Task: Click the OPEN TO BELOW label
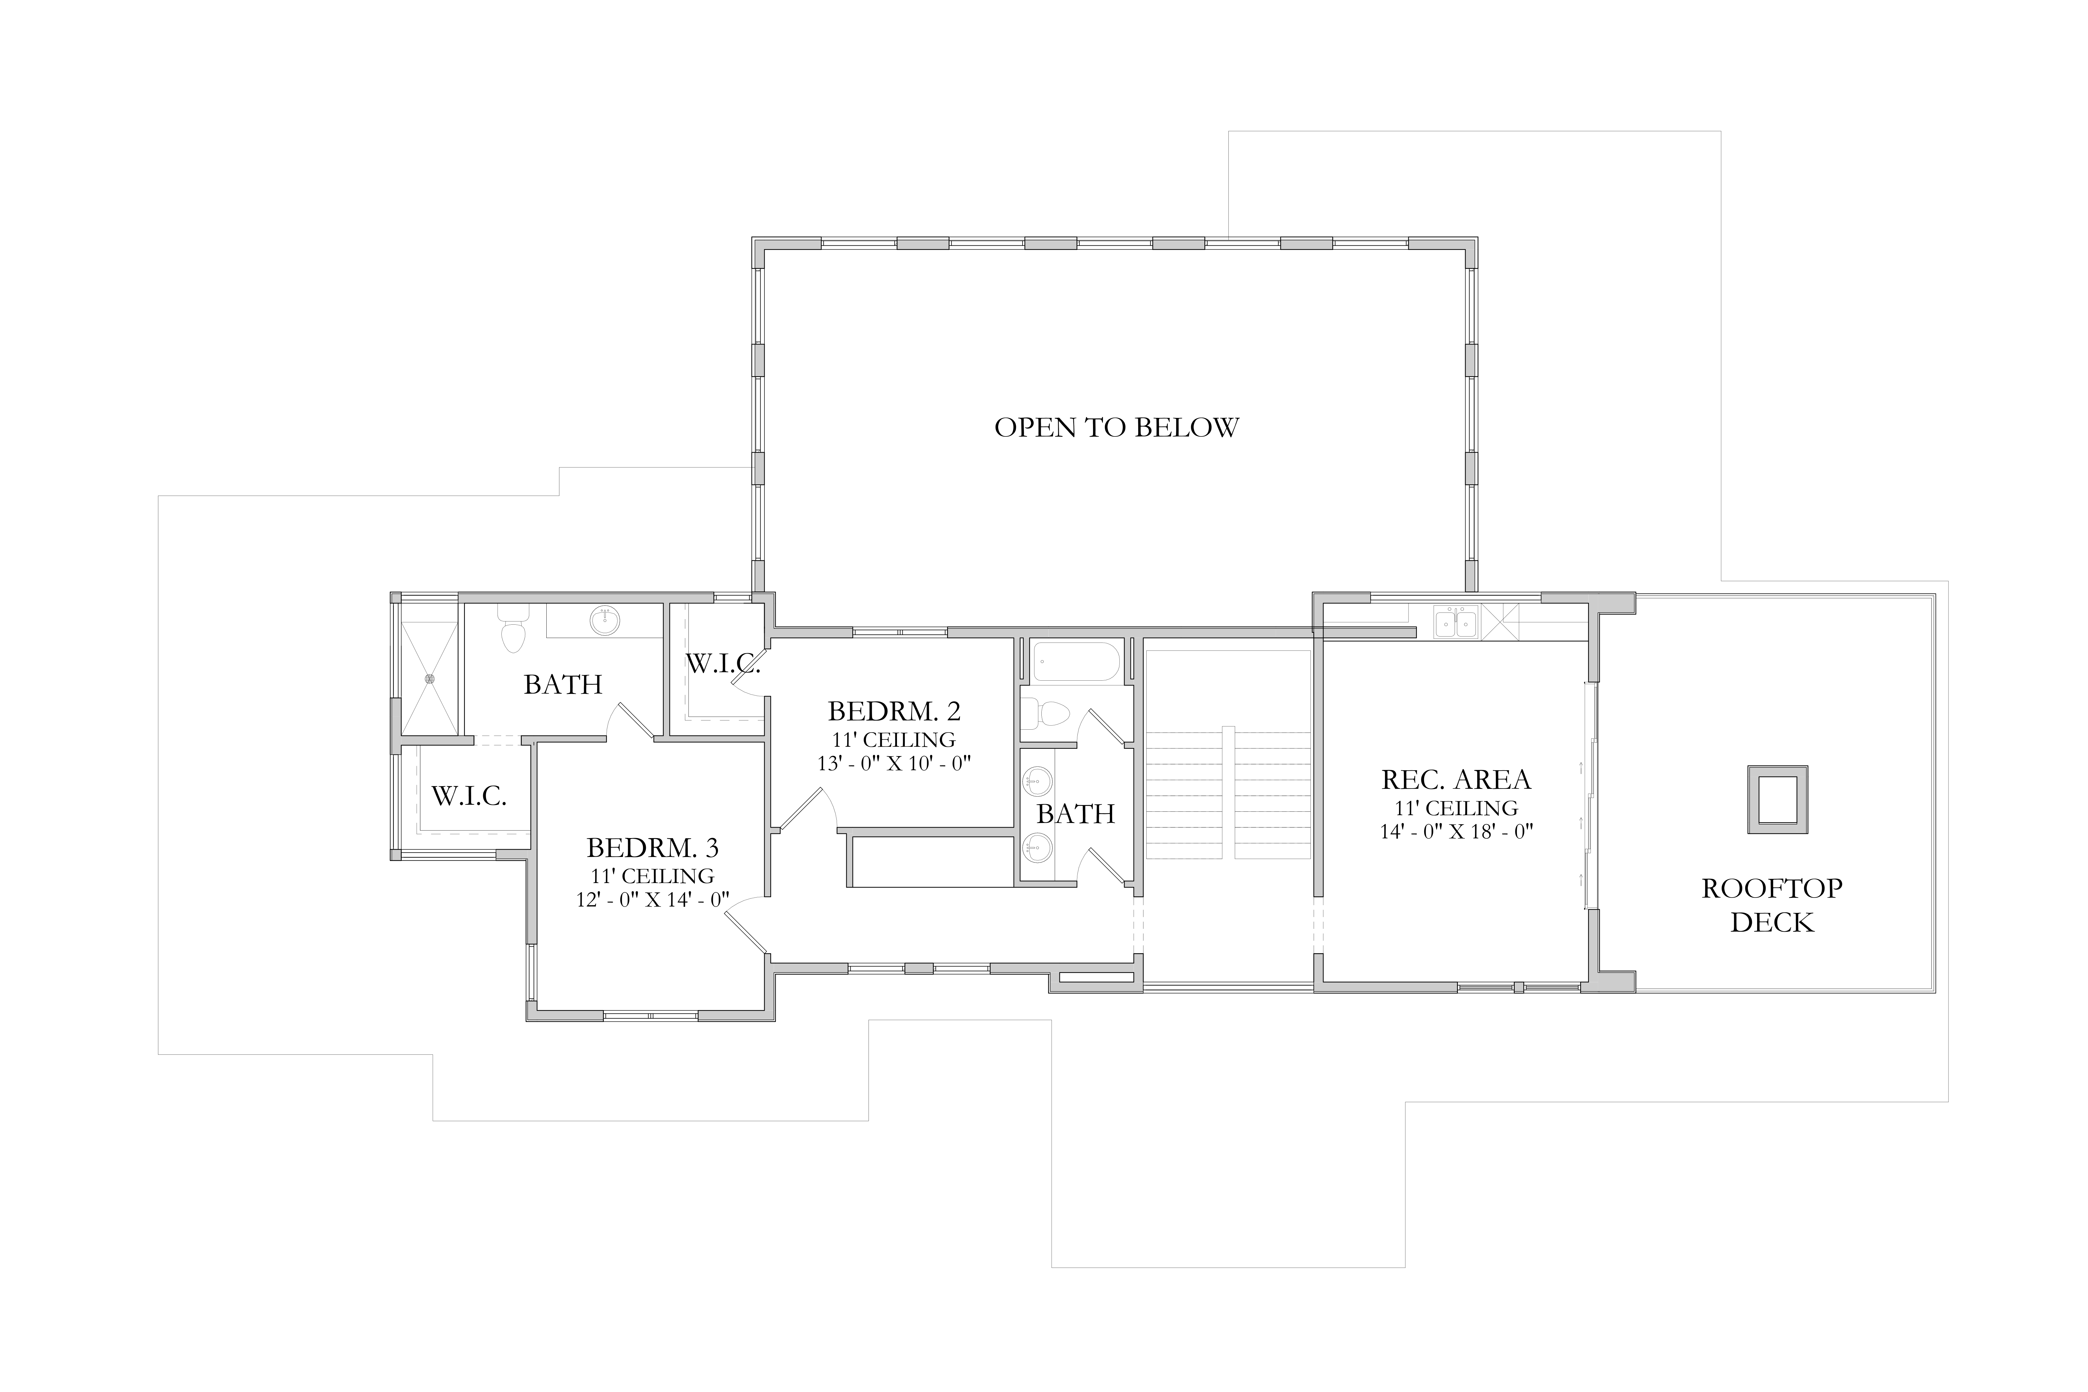tap(1116, 428)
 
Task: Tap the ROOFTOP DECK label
tap(1772, 905)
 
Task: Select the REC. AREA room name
tap(1456, 780)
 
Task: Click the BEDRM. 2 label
tap(894, 711)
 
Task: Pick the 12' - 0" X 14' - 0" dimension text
tap(652, 899)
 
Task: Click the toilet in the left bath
tap(512, 628)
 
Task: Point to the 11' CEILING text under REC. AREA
tap(1456, 808)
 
